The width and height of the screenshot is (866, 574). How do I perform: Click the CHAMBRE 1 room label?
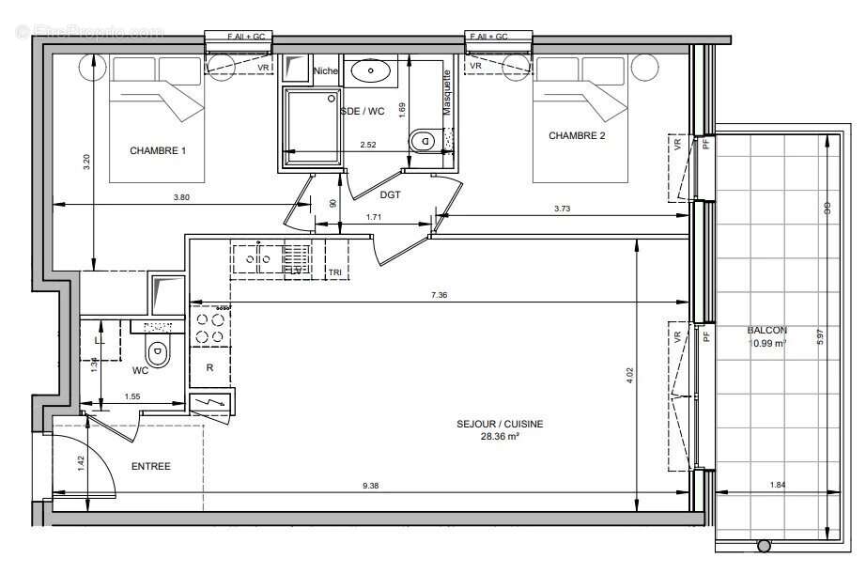tap(158, 151)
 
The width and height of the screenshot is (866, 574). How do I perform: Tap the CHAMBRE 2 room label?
tap(577, 136)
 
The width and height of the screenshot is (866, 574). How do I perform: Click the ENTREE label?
tap(150, 466)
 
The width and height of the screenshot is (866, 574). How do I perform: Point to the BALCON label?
tap(767, 331)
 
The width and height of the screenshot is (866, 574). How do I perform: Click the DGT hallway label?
tap(391, 194)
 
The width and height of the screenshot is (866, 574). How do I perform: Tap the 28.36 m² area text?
tap(499, 436)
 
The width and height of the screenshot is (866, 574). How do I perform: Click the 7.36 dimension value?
tap(439, 296)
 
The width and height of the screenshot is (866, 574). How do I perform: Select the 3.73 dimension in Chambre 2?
tap(563, 209)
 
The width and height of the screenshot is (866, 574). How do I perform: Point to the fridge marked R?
tap(210, 368)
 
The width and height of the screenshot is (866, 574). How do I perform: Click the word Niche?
tap(326, 70)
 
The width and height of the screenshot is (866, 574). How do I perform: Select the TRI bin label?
tap(334, 272)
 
